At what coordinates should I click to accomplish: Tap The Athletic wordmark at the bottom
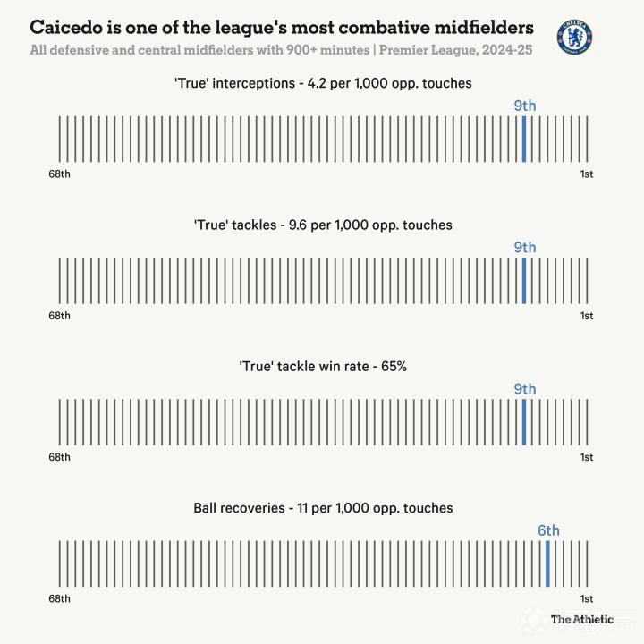pos(581,619)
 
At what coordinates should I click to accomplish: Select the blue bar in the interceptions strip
pos(524,139)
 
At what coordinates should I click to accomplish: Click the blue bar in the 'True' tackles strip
pos(524,281)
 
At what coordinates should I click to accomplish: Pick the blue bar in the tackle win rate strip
pos(524,422)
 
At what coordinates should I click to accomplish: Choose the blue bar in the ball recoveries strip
pos(547,563)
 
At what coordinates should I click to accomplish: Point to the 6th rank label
pos(548,530)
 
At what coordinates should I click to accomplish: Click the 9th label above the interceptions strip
pos(524,106)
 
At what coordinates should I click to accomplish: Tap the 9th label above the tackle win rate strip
pos(524,389)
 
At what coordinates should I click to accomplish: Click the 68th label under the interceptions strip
pos(59,174)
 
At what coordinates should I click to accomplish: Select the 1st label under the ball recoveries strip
pos(587,598)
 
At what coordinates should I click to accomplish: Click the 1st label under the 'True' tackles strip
pos(587,316)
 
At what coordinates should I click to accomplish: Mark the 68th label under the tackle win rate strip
pos(59,457)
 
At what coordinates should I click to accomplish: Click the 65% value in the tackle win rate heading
pos(394,366)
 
